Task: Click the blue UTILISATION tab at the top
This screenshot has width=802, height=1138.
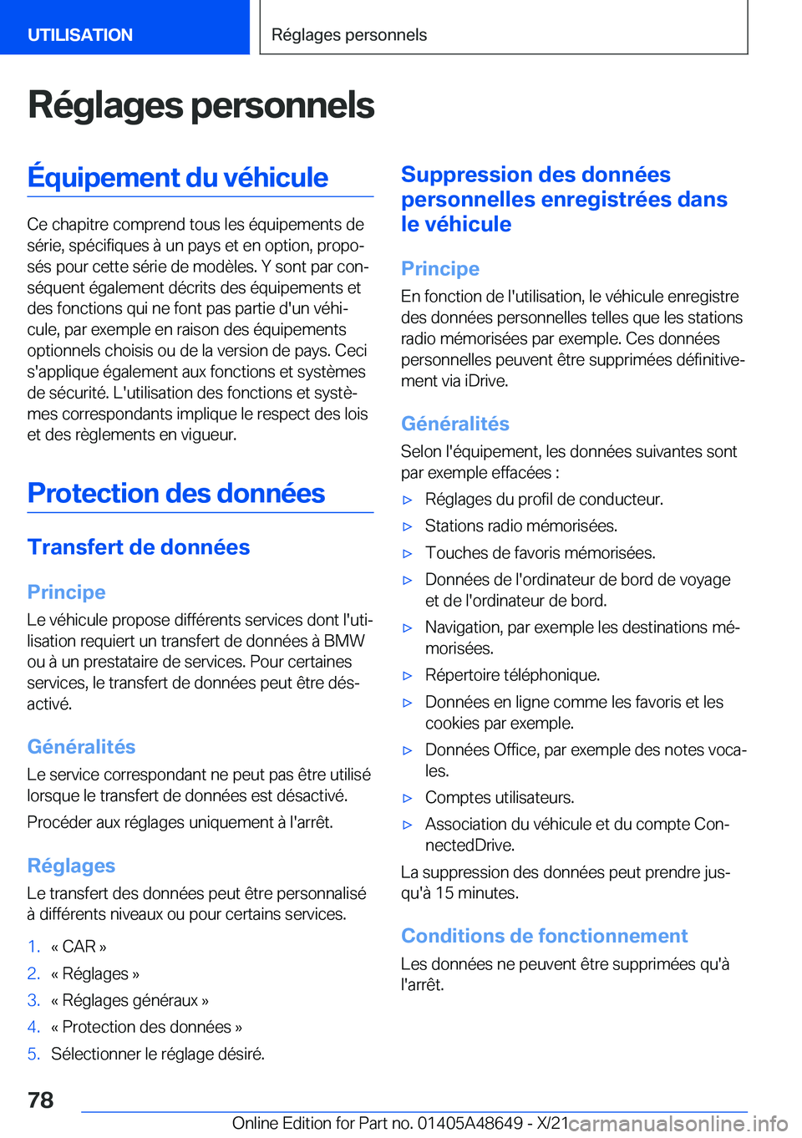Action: tap(80, 34)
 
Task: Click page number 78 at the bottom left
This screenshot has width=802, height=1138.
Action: tap(40, 1100)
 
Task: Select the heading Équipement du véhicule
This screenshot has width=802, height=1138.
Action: tap(178, 177)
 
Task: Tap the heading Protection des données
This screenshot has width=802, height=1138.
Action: tap(176, 493)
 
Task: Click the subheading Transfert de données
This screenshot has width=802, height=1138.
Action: tap(139, 547)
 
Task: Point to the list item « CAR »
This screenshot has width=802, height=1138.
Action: tap(79, 947)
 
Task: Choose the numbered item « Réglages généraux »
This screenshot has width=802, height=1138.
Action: tap(129, 1000)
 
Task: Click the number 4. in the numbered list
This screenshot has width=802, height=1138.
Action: tap(33, 1027)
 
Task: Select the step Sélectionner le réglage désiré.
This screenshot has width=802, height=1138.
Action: tap(158, 1054)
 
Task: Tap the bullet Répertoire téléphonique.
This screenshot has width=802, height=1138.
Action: tap(512, 675)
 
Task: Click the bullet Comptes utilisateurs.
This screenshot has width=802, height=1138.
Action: tap(500, 797)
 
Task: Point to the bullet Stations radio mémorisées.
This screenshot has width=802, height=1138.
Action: tap(521, 526)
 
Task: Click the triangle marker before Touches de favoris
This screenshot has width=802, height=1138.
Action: tap(408, 553)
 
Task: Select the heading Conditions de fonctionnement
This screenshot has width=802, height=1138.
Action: tap(544, 936)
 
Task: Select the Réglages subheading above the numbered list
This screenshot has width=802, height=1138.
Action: tap(71, 866)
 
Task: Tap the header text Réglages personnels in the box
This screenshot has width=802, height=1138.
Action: tap(349, 34)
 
